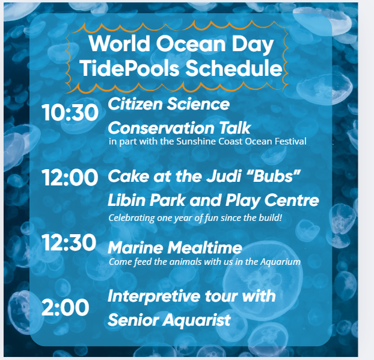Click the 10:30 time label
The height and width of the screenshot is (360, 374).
[x=70, y=113]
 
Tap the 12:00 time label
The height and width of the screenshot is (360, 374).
[x=70, y=178]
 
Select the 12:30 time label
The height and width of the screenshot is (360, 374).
[x=69, y=243]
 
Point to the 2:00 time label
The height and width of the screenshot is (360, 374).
[x=65, y=308]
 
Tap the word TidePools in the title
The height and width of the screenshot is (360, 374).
[x=129, y=68]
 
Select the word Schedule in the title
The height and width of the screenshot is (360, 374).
[x=234, y=68]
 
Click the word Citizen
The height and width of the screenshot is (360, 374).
[x=135, y=104]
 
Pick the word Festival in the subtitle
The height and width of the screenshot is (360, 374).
[x=290, y=141]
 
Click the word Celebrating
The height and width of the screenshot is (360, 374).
[x=132, y=218]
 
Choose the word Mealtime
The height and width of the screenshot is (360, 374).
[x=204, y=247]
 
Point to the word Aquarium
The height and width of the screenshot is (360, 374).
[x=280, y=262]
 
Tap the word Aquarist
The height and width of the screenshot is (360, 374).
[x=197, y=320]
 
